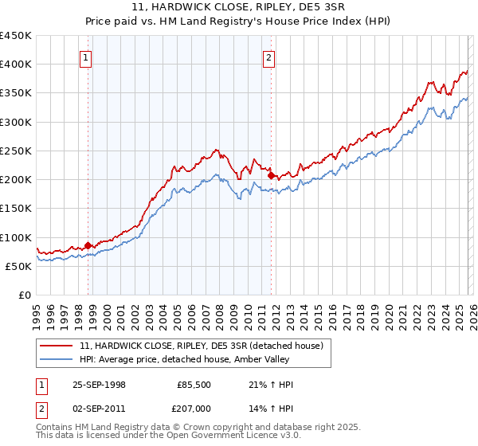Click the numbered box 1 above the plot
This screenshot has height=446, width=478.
click(x=84, y=57)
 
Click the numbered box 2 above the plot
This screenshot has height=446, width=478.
click(x=268, y=57)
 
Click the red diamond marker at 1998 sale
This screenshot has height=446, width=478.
click(x=88, y=245)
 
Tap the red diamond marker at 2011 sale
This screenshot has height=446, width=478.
click(x=271, y=175)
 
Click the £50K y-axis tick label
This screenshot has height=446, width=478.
click(x=19, y=266)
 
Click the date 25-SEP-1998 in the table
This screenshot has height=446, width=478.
click(x=98, y=385)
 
